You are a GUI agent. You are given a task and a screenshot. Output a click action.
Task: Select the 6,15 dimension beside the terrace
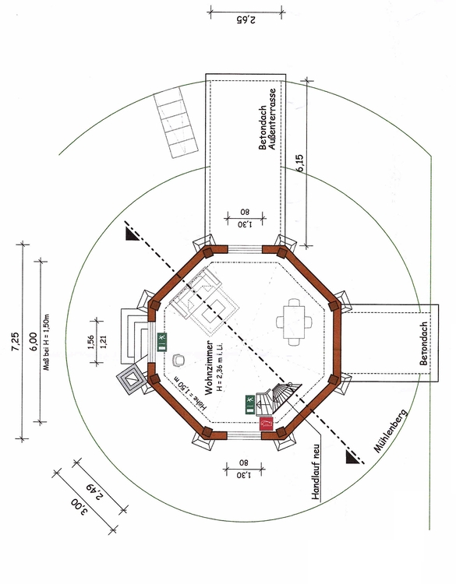tap(301, 163)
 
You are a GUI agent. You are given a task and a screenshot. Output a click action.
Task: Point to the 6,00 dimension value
tap(34, 342)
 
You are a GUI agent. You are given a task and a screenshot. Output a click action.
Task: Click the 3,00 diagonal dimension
tap(81, 508)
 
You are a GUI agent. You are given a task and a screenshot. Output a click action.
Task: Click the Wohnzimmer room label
tap(209, 368)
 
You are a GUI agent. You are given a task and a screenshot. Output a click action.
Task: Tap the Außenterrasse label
tap(272, 119)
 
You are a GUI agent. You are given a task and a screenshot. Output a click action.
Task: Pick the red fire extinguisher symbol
tap(267, 424)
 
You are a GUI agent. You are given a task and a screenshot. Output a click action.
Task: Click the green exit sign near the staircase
tap(250, 404)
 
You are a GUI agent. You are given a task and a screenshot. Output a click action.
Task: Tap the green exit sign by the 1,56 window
tap(162, 342)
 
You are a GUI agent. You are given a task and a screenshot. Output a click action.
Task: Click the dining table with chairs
tap(294, 322)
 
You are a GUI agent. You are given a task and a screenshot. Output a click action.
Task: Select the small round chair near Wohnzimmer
tap(179, 360)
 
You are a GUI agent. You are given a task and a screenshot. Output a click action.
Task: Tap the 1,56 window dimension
tap(90, 343)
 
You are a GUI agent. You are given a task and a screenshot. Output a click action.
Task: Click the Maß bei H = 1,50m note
tap(46, 343)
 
